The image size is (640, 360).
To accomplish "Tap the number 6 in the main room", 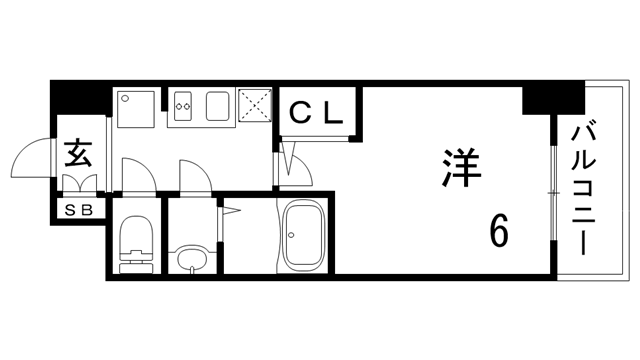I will coord(497,232).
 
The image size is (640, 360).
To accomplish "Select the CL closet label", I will coord(318,113).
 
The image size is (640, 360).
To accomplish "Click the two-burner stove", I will coord(184,103).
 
